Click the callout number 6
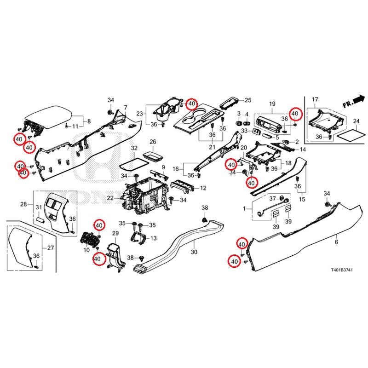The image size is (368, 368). [x=336, y=242]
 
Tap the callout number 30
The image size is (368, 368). [x=194, y=252]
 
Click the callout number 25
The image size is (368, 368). [x=248, y=100]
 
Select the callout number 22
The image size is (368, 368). [x=110, y=198]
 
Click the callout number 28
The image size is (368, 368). [x=23, y=204]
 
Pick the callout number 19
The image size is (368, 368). [x=272, y=104]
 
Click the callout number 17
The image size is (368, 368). [x=315, y=100]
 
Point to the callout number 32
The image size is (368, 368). [x=134, y=148]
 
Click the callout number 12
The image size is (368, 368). [x=203, y=188]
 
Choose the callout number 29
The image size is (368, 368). [x=115, y=235]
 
